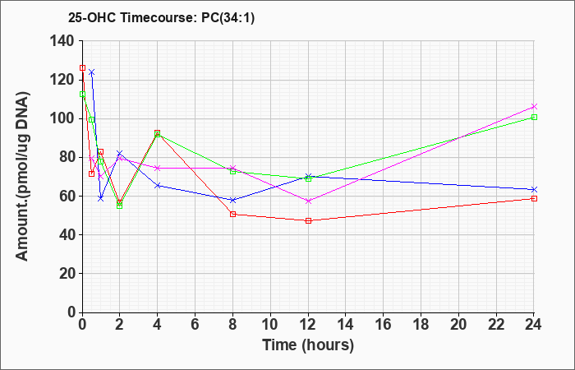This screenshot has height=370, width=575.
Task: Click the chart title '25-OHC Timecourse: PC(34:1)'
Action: point(161,17)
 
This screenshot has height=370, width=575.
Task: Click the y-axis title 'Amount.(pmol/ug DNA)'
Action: point(22,176)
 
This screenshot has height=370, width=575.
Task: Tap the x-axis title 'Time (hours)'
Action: point(308,345)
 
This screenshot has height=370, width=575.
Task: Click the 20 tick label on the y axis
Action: point(67,274)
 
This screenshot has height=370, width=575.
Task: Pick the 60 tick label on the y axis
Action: point(67,197)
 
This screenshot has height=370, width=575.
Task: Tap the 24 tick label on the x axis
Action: point(534,324)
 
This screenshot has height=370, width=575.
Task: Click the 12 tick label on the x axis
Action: point(308,324)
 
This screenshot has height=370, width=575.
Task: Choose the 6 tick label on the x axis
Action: point(195,324)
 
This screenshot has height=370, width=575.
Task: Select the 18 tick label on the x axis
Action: point(421,324)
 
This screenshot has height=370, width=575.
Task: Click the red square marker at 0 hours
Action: point(82,68)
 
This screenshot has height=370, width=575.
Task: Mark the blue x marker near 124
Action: point(92,72)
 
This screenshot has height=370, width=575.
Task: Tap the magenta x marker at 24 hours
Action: point(534,106)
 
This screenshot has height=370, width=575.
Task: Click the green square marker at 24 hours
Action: point(534,117)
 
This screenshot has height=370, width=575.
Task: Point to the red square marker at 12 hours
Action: point(308,220)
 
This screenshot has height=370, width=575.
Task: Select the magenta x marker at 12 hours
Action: point(308,201)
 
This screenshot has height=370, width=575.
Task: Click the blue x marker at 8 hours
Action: point(232,200)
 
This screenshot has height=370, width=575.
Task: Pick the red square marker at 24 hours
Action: point(534,199)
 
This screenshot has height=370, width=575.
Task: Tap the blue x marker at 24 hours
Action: point(534,189)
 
